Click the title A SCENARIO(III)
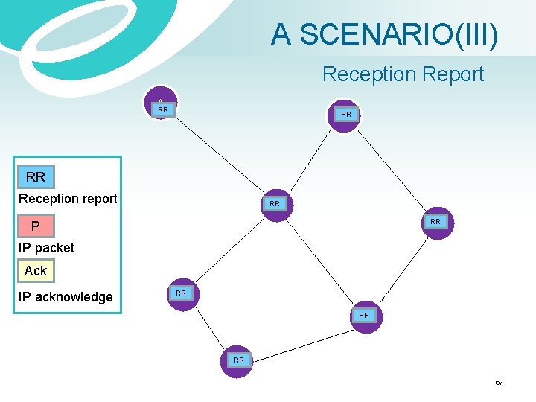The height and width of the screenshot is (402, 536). pos(384,34)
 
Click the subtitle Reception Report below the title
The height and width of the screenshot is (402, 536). pos(403,74)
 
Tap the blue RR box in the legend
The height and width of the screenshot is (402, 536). pos(36,177)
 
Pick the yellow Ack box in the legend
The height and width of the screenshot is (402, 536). pos(36,271)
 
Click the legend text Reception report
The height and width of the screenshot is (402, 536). pos(68,199)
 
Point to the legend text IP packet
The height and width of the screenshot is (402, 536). pos(46,247)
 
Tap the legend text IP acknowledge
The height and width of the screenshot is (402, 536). pos(66,297)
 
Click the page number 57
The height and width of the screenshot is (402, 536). pos(499,382)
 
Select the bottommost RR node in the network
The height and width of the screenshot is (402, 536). pos(238,361)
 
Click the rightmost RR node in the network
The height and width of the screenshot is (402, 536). pos(435,223)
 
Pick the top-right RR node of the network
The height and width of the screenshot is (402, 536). pos(345,115)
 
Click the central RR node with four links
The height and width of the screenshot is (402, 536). pos(275,204)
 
